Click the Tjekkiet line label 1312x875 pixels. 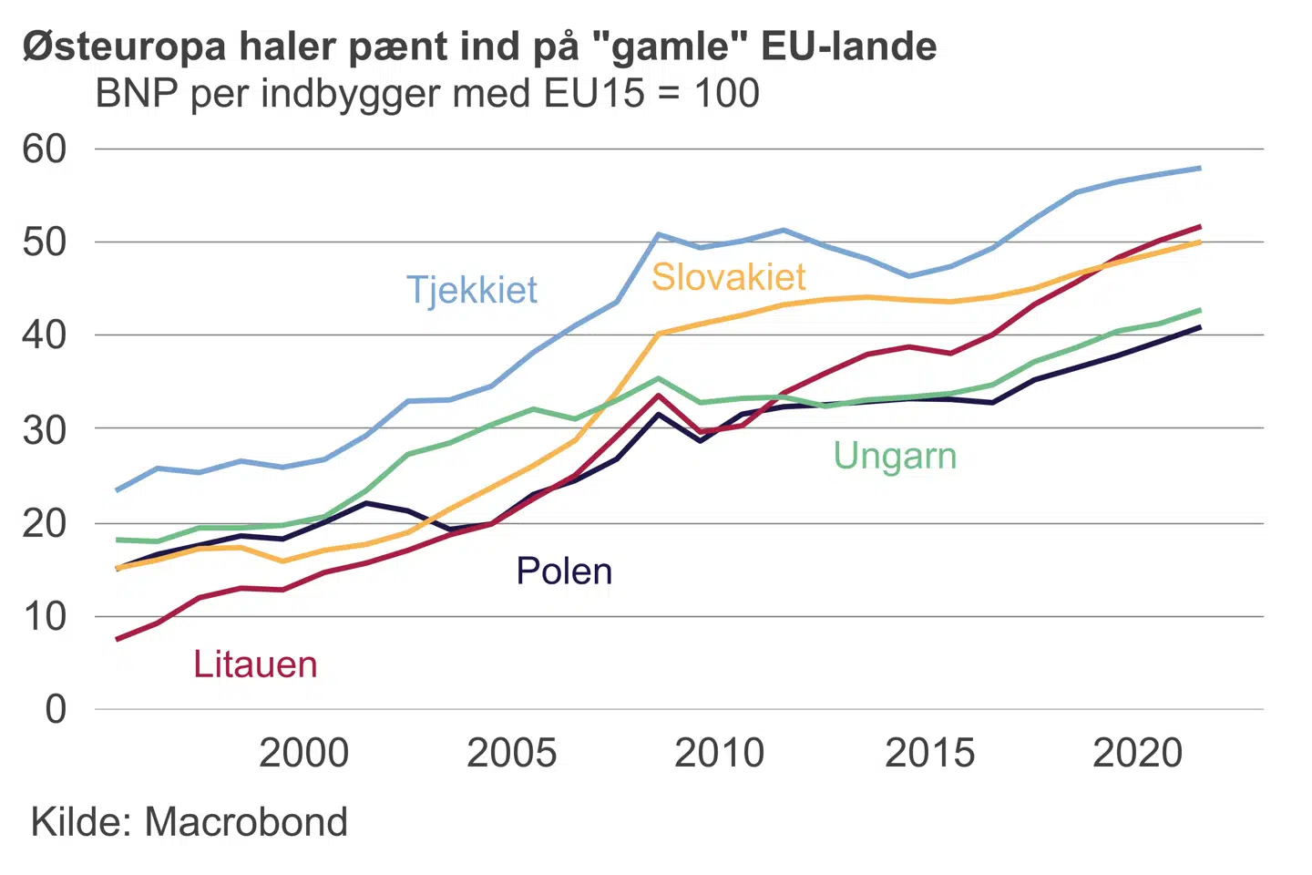click(x=472, y=290)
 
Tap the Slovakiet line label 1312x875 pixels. click(x=729, y=277)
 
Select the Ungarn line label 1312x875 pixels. click(x=895, y=456)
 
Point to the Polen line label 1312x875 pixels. click(x=564, y=571)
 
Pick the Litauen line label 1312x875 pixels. click(x=255, y=664)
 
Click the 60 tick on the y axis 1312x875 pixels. click(x=45, y=149)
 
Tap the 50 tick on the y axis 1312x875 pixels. click(x=45, y=242)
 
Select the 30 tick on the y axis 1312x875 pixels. click(x=45, y=429)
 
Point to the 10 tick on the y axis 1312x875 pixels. click(x=45, y=617)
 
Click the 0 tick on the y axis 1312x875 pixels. click(x=56, y=709)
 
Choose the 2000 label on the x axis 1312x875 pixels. click(x=303, y=754)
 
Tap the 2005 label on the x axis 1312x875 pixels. click(x=511, y=754)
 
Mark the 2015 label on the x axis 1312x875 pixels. click(x=929, y=754)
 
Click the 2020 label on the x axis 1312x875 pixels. click(x=1137, y=754)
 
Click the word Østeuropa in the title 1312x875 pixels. click(x=124, y=46)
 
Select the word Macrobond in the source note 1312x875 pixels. click(x=246, y=822)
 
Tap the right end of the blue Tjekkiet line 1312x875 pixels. click(x=1199, y=169)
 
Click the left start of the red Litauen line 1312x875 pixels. click(x=118, y=639)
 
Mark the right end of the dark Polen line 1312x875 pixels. click(x=1199, y=327)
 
